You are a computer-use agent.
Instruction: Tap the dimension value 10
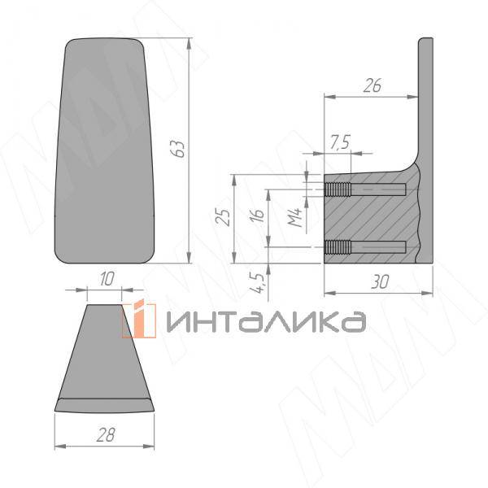click(x=105, y=279)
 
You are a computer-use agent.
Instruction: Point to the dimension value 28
click(x=102, y=435)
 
